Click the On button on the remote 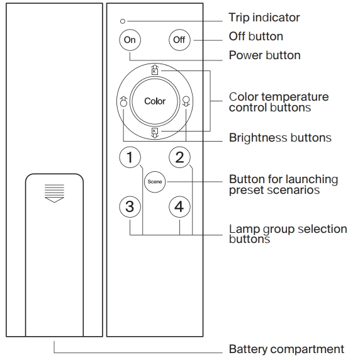[x=130, y=40]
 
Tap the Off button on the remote [x=179, y=40]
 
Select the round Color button [x=155, y=101]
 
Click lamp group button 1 [x=130, y=157]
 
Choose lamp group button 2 [x=179, y=157]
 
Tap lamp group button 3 [x=130, y=206]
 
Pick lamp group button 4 [x=179, y=206]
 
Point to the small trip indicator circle [x=123, y=21]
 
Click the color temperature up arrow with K [x=155, y=70]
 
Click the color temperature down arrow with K [x=155, y=133]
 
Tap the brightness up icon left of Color [x=123, y=101]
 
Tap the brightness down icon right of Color [x=186, y=101]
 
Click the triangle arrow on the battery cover [x=54, y=200]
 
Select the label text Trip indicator [x=264, y=18]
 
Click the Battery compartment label [x=286, y=349]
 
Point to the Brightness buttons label [x=280, y=138]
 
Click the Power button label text [x=265, y=55]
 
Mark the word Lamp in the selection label [x=244, y=229]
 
